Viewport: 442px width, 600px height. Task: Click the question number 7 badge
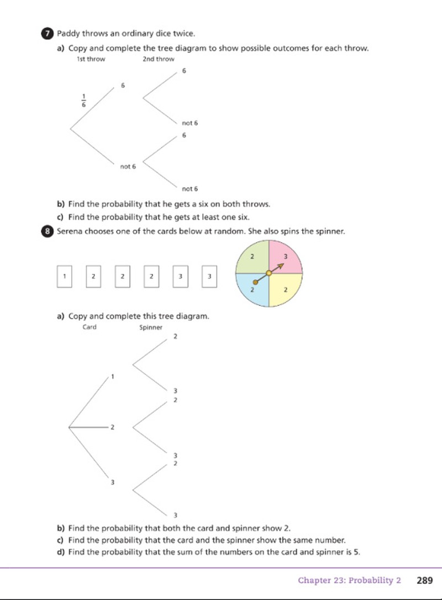click(47, 34)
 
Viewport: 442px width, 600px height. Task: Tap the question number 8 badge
click(47, 231)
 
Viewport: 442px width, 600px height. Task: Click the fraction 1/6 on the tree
click(84, 100)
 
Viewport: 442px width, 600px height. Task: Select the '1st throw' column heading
click(91, 59)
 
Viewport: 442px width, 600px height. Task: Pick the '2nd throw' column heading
click(158, 59)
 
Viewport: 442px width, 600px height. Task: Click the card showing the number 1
click(64, 277)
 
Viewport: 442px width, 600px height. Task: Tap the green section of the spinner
click(252, 256)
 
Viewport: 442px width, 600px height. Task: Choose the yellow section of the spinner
click(286, 290)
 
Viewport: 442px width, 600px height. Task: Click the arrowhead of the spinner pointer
click(281, 265)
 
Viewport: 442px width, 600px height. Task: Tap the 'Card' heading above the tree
click(90, 327)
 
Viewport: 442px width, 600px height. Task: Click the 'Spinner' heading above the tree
click(150, 327)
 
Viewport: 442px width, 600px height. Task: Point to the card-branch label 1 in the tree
click(113, 376)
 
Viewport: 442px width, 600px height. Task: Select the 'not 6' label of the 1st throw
click(128, 167)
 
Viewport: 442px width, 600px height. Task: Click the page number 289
click(425, 581)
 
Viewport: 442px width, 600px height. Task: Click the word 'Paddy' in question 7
click(68, 34)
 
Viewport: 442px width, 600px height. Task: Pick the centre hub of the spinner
click(269, 273)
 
